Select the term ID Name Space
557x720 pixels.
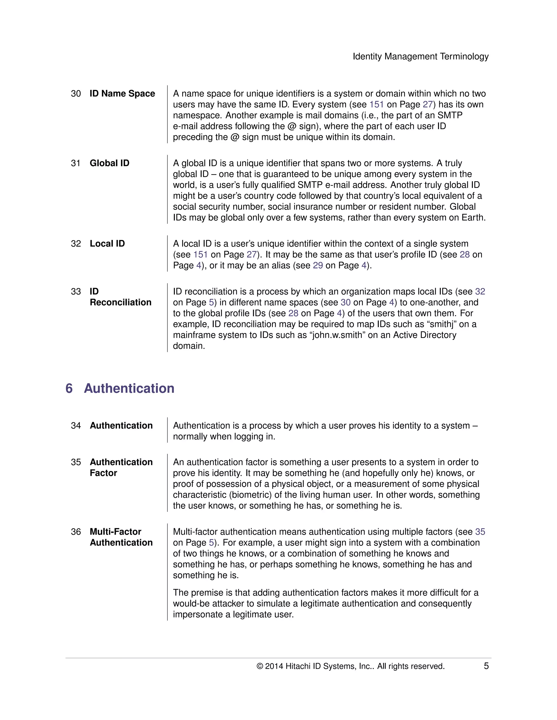click(x=122, y=94)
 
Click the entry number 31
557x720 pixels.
click(x=76, y=163)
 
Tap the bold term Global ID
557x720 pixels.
click(x=109, y=163)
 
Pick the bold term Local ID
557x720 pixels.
click(x=107, y=244)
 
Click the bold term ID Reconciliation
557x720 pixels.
click(x=120, y=297)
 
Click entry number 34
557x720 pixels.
click(x=76, y=425)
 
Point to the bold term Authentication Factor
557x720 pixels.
click(x=121, y=468)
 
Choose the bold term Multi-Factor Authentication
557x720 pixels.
click(x=121, y=537)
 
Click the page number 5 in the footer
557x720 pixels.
click(x=486, y=666)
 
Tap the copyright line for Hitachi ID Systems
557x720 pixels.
click(x=350, y=666)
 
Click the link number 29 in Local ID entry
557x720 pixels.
click(x=318, y=265)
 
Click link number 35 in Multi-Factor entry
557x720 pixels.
click(x=480, y=532)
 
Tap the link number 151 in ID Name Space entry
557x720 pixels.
click(x=376, y=105)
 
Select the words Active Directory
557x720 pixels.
click(x=424, y=335)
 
